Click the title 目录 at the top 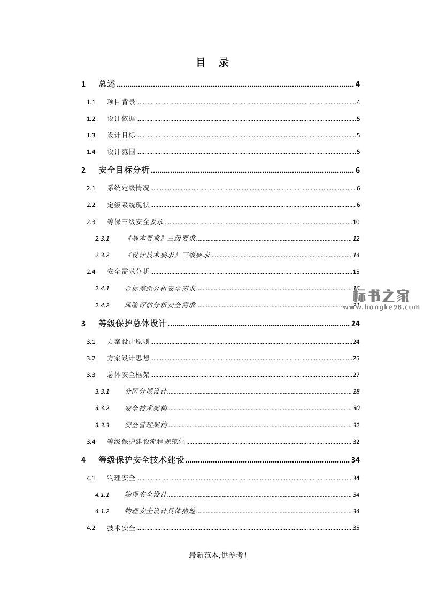point(212,63)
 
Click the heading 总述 point(107,84)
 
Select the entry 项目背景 point(121,102)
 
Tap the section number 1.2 point(91,119)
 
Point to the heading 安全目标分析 point(124,171)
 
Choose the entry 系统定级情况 point(128,188)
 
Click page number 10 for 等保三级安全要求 point(356,222)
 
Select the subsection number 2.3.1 point(102,239)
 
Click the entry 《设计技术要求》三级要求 point(167,255)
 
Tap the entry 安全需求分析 point(128,272)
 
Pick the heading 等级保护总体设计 point(133,324)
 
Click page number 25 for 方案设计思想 point(356,358)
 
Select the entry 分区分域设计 point(146,391)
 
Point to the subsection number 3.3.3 point(102,425)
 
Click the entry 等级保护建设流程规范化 point(146,442)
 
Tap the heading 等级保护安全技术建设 point(142,460)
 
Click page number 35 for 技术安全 point(356,528)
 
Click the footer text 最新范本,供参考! point(218,556)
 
